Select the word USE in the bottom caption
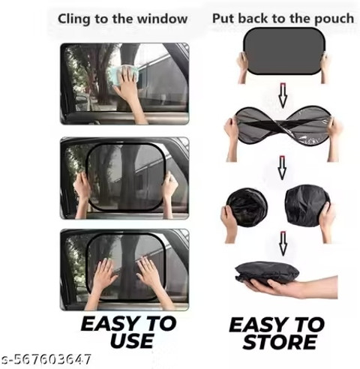(x=132, y=340)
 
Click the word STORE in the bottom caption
(x=280, y=342)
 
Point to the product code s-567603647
(x=46, y=359)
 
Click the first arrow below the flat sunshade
(x=283, y=95)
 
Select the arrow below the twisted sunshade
(x=282, y=168)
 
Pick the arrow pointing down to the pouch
(x=283, y=244)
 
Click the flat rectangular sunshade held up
(x=284, y=51)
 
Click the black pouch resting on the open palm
(x=267, y=273)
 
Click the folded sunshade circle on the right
(x=307, y=205)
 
